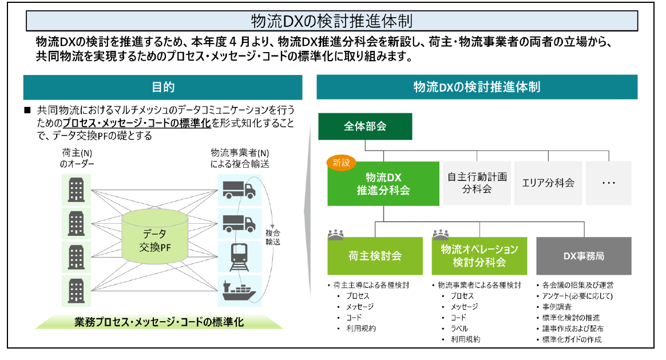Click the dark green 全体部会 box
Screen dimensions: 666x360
pos(365,126)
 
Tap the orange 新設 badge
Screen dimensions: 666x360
pos(341,163)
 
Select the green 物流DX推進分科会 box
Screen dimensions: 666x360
pos(383,184)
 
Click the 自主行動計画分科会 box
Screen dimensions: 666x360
pos(477,183)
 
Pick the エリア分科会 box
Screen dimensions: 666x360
pos(548,183)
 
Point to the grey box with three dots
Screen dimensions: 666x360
pos(609,183)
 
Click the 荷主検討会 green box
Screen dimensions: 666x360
pos(375,256)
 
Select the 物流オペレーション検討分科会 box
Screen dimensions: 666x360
pos(479,256)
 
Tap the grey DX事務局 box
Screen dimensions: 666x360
pos(584,256)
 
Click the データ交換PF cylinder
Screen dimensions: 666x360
pos(155,236)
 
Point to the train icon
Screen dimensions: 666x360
pos(239,257)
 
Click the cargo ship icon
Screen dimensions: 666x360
pos(239,291)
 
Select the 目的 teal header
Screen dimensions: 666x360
pos(162,87)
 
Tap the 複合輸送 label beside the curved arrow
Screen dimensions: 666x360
pos(273,238)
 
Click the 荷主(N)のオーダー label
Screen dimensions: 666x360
pos(77,158)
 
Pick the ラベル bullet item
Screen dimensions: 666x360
pos(459,329)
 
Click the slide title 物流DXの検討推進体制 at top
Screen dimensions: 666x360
pos(332,21)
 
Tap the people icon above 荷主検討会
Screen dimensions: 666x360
pos(335,234)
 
